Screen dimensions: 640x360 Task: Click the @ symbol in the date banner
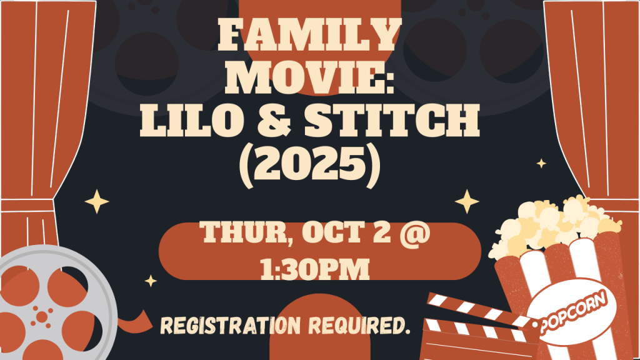click(415, 233)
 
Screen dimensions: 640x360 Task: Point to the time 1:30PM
click(315, 269)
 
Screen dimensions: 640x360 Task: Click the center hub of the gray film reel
click(42, 317)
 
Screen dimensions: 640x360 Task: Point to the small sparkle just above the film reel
click(151, 281)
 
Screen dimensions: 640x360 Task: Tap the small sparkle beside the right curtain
click(541, 164)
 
